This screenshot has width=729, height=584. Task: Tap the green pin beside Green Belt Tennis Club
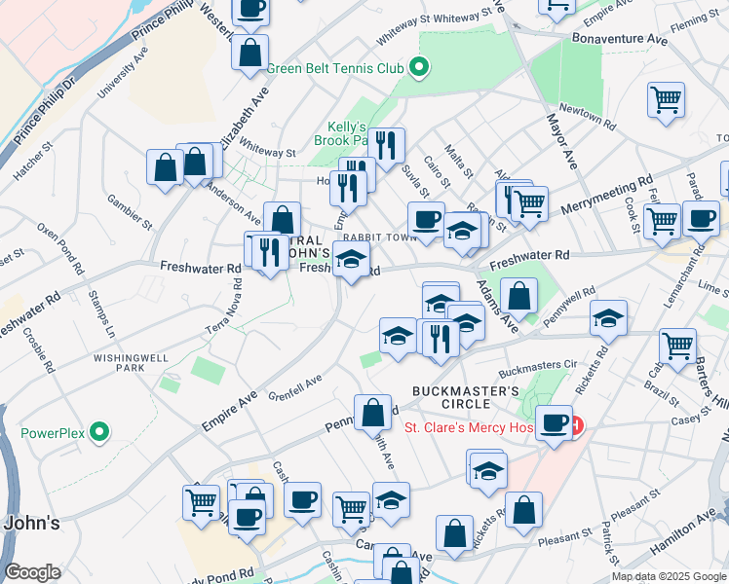click(x=419, y=67)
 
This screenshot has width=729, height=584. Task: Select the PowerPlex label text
click(x=54, y=432)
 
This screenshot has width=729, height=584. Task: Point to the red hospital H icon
click(x=577, y=425)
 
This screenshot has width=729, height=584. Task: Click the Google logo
click(x=32, y=572)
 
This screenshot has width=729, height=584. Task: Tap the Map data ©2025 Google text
click(x=668, y=576)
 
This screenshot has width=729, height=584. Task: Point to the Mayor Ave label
click(x=560, y=141)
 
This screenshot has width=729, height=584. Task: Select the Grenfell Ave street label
click(x=294, y=387)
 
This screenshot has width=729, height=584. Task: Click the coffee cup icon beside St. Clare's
click(x=554, y=422)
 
